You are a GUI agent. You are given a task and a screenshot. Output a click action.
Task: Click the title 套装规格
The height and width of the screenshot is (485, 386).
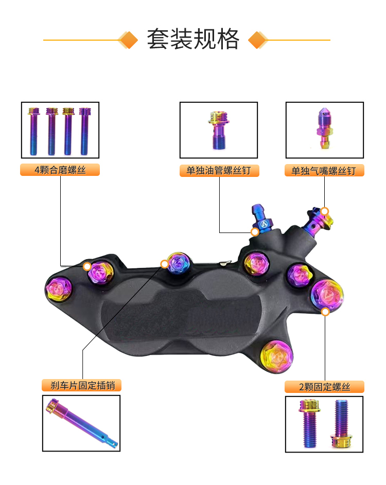tap(193, 39)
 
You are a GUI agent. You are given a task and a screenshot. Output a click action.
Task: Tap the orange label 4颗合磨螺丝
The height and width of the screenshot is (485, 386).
tap(60, 170)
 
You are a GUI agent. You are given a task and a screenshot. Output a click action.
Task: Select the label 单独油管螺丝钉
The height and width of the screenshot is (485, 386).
tap(219, 170)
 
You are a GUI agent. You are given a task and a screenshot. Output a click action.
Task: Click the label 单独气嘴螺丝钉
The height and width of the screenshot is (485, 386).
tap(324, 170)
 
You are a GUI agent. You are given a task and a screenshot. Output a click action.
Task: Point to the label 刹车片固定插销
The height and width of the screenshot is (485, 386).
tap(82, 385)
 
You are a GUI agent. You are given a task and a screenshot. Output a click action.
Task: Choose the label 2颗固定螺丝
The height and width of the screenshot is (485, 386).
tap(324, 387)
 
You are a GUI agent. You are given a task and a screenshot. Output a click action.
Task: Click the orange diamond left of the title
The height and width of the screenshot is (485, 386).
tap(128, 40)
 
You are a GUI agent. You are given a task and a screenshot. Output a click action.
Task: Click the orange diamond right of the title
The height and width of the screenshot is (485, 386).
tap(258, 40)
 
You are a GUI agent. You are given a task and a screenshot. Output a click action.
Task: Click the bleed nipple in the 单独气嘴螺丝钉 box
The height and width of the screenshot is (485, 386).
tap(324, 128)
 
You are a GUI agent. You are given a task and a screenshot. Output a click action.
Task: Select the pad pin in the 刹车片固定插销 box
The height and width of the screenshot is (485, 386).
tap(82, 423)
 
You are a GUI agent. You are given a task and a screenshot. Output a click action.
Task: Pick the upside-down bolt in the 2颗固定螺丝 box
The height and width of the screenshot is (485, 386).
tap(341, 424)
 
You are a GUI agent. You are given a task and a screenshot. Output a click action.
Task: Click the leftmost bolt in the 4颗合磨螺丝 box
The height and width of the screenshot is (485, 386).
tap(33, 131)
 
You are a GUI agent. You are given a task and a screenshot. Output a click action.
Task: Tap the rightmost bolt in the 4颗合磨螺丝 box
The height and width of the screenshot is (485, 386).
tap(84, 131)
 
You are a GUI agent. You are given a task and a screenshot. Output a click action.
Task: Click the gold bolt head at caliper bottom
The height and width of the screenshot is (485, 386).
tap(276, 356)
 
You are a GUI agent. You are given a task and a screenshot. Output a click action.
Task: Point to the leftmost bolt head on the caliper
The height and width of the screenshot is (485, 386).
tap(58, 289)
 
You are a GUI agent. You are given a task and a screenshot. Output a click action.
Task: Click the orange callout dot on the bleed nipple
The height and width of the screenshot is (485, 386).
tap(324, 211)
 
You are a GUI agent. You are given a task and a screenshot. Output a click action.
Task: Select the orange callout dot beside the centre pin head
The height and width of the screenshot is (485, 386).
tap(165, 264)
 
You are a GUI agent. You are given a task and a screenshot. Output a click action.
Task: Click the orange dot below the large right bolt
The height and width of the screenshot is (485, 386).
tap(325, 312)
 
